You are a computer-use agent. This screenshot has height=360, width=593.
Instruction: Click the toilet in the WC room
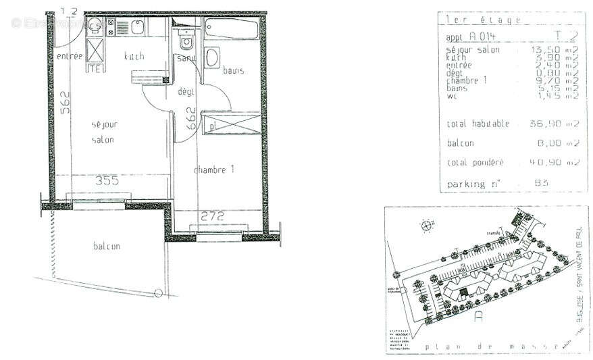tap(186, 42)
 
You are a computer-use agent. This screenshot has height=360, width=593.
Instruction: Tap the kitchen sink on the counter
tap(137, 28)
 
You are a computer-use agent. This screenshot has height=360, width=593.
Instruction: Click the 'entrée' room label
tap(69, 56)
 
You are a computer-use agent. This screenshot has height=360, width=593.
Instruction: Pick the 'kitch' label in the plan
tap(134, 57)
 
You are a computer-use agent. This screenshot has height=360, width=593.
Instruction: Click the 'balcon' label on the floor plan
tap(107, 246)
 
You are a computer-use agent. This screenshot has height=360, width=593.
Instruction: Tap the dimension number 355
tap(106, 181)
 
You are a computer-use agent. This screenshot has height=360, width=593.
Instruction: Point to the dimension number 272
tap(211, 216)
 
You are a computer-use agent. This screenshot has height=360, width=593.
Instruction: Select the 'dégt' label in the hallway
tap(186, 91)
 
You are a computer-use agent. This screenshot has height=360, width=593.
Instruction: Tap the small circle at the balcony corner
tap(157, 293)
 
